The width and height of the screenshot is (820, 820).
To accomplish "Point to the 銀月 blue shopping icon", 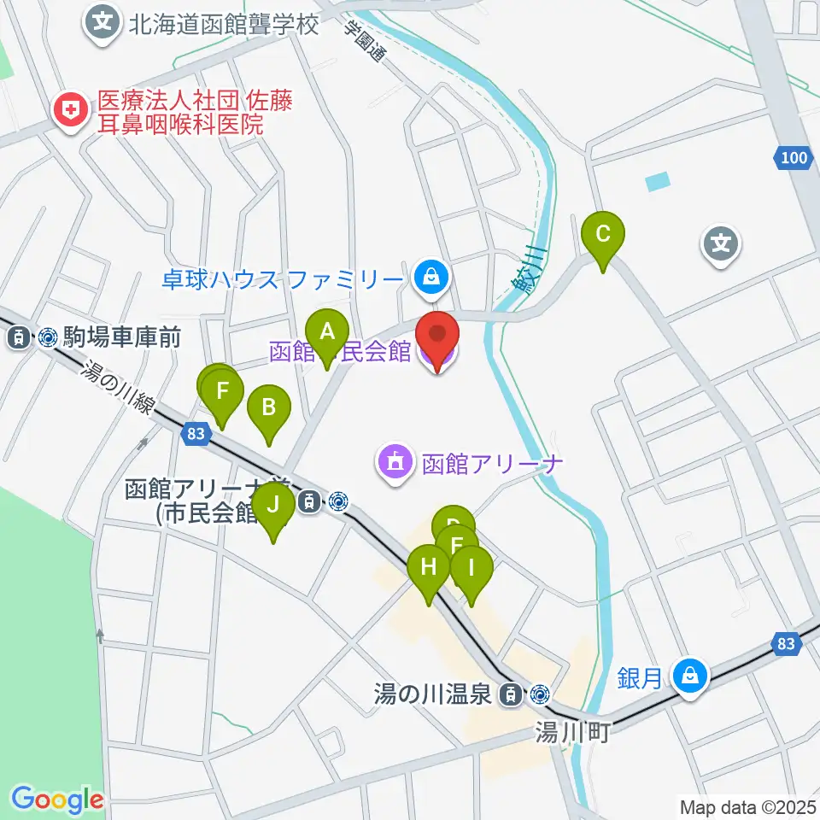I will (688, 676).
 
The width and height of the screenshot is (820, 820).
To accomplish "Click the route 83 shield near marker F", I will (196, 434).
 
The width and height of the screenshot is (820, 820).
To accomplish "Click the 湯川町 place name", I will (572, 732).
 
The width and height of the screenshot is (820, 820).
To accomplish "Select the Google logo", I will (57, 800).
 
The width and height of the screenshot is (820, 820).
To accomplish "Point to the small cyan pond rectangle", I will (658, 181).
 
